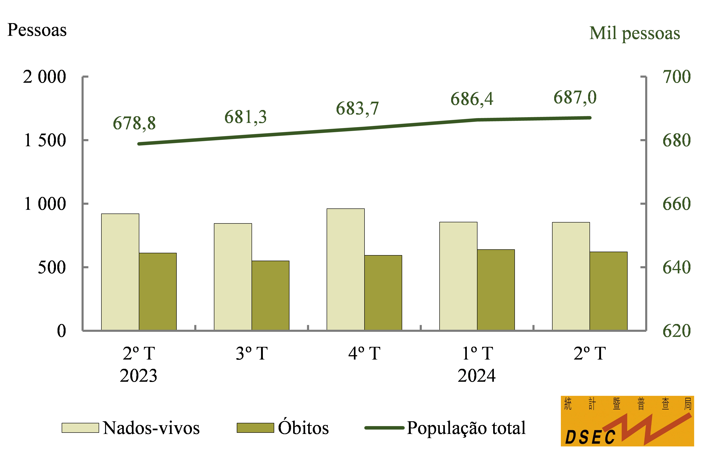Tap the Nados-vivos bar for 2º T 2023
coord(120,272)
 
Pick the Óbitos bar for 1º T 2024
coord(496,290)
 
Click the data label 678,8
coord(134,123)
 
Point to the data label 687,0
coord(575,98)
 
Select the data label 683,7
coord(357,109)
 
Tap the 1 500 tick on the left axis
coord(45,140)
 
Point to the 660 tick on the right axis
coord(677,204)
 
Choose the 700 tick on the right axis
coord(677,77)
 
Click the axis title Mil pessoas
coord(635,33)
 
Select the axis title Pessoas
coord(37,30)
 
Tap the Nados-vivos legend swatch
coord(80,428)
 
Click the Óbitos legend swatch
coord(255,428)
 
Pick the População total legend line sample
coord(384,428)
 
